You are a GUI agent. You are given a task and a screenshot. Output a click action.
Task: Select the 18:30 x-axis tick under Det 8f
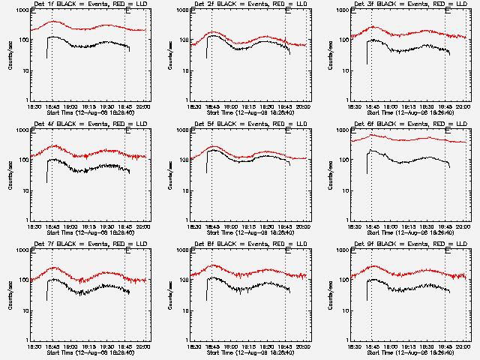tap(194, 346)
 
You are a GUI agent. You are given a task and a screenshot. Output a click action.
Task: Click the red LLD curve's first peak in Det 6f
tap(371, 135)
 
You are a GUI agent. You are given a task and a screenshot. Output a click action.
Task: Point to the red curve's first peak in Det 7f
tap(52, 268)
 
